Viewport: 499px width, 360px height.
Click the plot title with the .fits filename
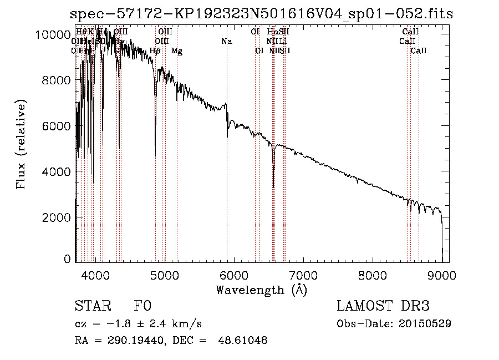[x=262, y=14]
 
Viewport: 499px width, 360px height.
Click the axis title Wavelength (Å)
[x=261, y=289]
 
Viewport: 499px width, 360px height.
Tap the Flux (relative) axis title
[x=22, y=145]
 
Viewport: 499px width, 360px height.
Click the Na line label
[x=226, y=41]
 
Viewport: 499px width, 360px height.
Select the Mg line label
[x=177, y=51]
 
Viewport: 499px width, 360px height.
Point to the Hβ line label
[x=155, y=51]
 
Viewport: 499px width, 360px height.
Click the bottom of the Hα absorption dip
[x=273, y=186]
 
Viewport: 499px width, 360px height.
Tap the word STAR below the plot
[x=92, y=306]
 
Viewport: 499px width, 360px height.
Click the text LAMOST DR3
[x=383, y=306]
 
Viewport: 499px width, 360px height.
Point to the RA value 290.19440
[x=131, y=341]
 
